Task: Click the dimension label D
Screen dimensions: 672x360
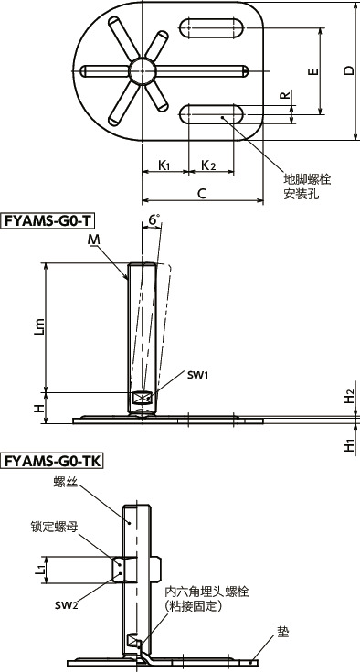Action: coord(347,72)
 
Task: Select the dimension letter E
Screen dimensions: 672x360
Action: coord(312,71)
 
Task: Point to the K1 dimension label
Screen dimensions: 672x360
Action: coord(164,165)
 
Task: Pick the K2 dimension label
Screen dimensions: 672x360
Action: coord(207,165)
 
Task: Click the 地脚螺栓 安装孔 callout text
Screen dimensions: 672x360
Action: coord(307,187)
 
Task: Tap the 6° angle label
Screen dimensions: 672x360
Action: coord(154,219)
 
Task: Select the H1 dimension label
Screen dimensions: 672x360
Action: coord(348,446)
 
